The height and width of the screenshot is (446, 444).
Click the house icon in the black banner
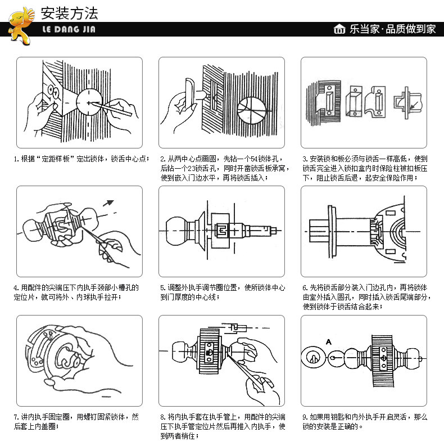pos(339,29)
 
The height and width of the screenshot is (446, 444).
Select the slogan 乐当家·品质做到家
pos(392,29)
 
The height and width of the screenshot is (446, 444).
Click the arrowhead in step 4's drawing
pos(110,202)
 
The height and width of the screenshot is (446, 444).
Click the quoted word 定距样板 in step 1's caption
pos(59,159)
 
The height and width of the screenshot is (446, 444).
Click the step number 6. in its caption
pos(305,288)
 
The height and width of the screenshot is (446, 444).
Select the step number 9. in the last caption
pos(305,417)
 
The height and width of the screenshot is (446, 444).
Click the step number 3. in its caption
pos(305,159)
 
